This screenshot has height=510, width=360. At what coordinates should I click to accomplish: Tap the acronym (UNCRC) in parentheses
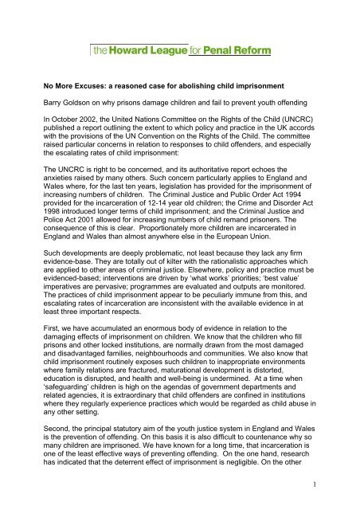point(315,146)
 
